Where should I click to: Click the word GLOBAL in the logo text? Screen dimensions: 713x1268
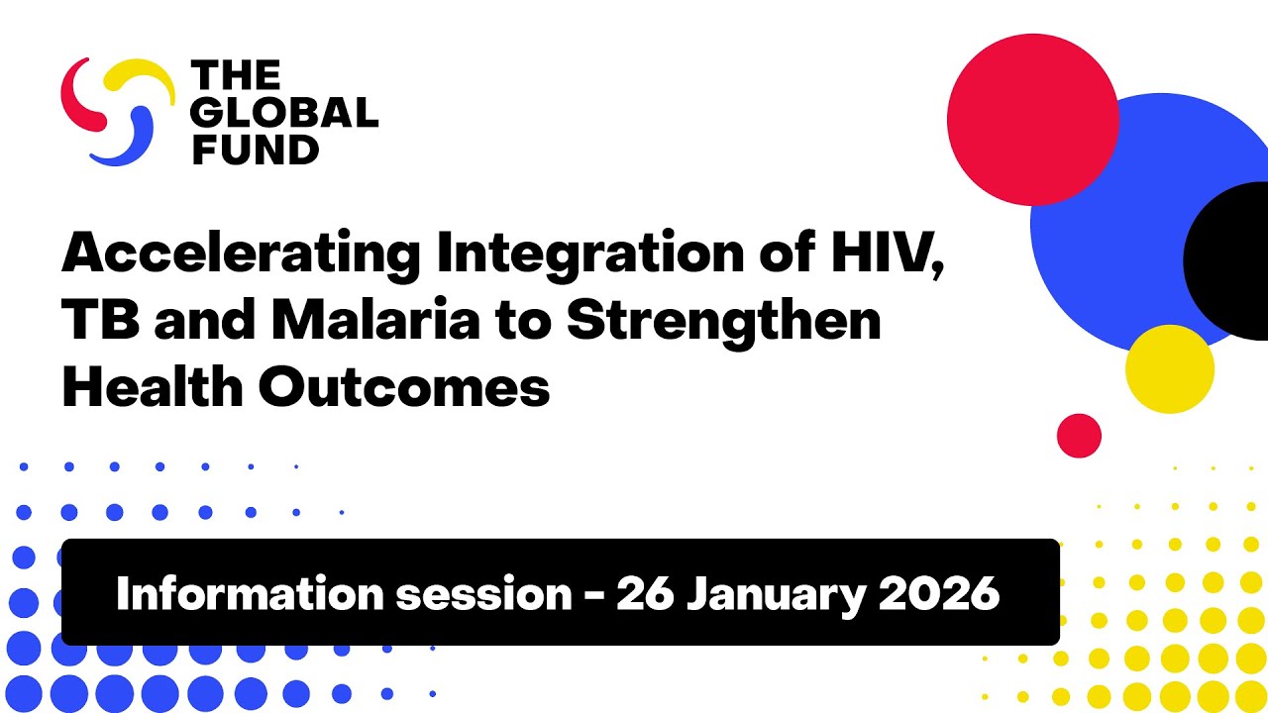pyautogui.click(x=284, y=112)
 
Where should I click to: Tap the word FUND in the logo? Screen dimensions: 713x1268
pyautogui.click(x=255, y=150)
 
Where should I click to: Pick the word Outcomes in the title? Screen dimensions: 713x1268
pyautogui.click(x=404, y=387)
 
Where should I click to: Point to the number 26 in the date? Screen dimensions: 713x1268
pyautogui.click(x=646, y=593)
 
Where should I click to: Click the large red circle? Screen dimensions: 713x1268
pyautogui.click(x=1032, y=119)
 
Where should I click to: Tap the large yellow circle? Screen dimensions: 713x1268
pyautogui.click(x=1169, y=368)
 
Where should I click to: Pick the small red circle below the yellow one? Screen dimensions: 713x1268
pyautogui.click(x=1079, y=436)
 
